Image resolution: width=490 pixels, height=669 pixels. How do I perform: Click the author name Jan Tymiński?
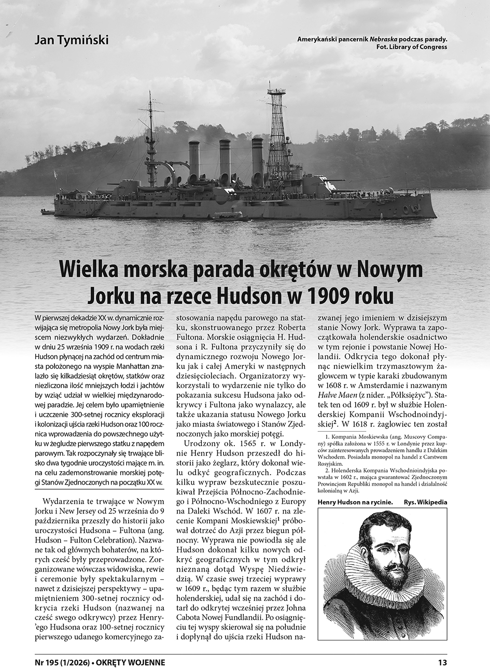[72, 40]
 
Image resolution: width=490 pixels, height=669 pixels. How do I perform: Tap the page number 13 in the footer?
[442, 662]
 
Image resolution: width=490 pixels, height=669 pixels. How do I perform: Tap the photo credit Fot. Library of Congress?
[412, 47]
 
